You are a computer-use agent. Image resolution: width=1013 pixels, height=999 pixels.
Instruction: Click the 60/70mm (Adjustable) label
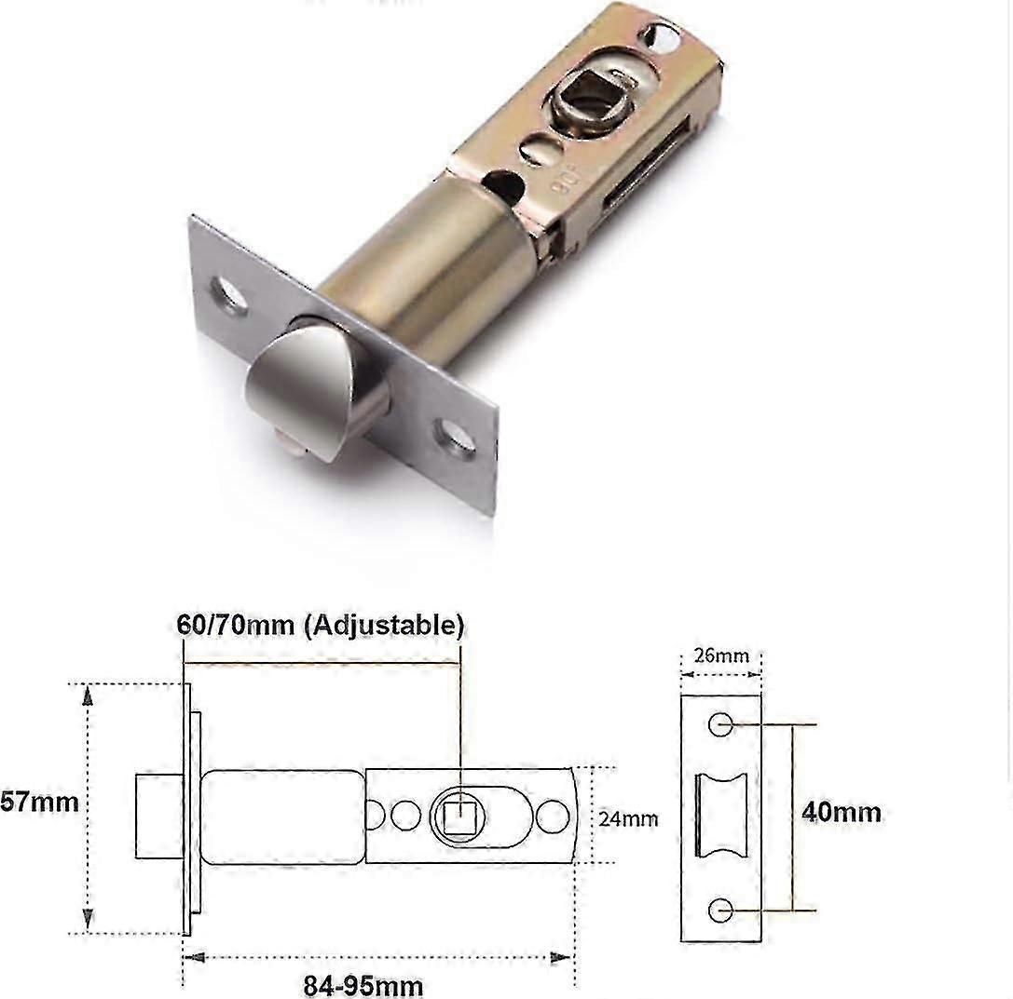[320, 625]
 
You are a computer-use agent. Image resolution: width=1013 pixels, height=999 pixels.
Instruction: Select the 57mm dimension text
[39, 801]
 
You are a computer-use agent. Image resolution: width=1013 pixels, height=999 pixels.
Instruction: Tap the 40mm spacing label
[841, 812]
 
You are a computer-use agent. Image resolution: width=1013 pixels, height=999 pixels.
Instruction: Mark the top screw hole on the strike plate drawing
[720, 724]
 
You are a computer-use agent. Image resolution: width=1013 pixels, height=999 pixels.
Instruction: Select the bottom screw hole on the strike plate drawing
[720, 910]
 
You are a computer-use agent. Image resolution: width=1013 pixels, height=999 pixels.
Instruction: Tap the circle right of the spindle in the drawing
[553, 817]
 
